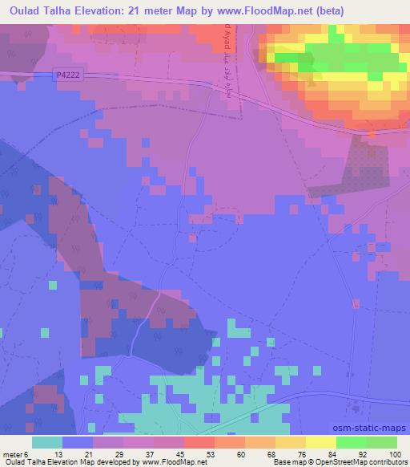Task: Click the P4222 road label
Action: [x=70, y=75]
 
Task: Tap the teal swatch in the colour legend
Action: [x=46, y=442]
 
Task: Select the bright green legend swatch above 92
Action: [x=351, y=442]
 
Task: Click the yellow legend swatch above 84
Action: [x=320, y=442]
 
